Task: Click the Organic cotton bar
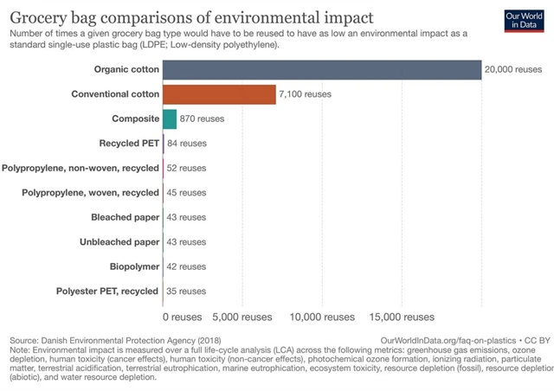pyautogui.click(x=321, y=69)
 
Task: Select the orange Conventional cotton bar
pyautogui.click(x=219, y=93)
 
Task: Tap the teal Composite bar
pyautogui.click(x=169, y=118)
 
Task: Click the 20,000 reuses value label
pyautogui.click(x=513, y=69)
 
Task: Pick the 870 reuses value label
pyautogui.click(x=203, y=119)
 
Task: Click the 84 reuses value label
pyautogui.click(x=186, y=143)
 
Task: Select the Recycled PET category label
pyautogui.click(x=130, y=143)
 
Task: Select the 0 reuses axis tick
pyautogui.click(x=184, y=317)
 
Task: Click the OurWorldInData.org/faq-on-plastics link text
pyautogui.click(x=445, y=342)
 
